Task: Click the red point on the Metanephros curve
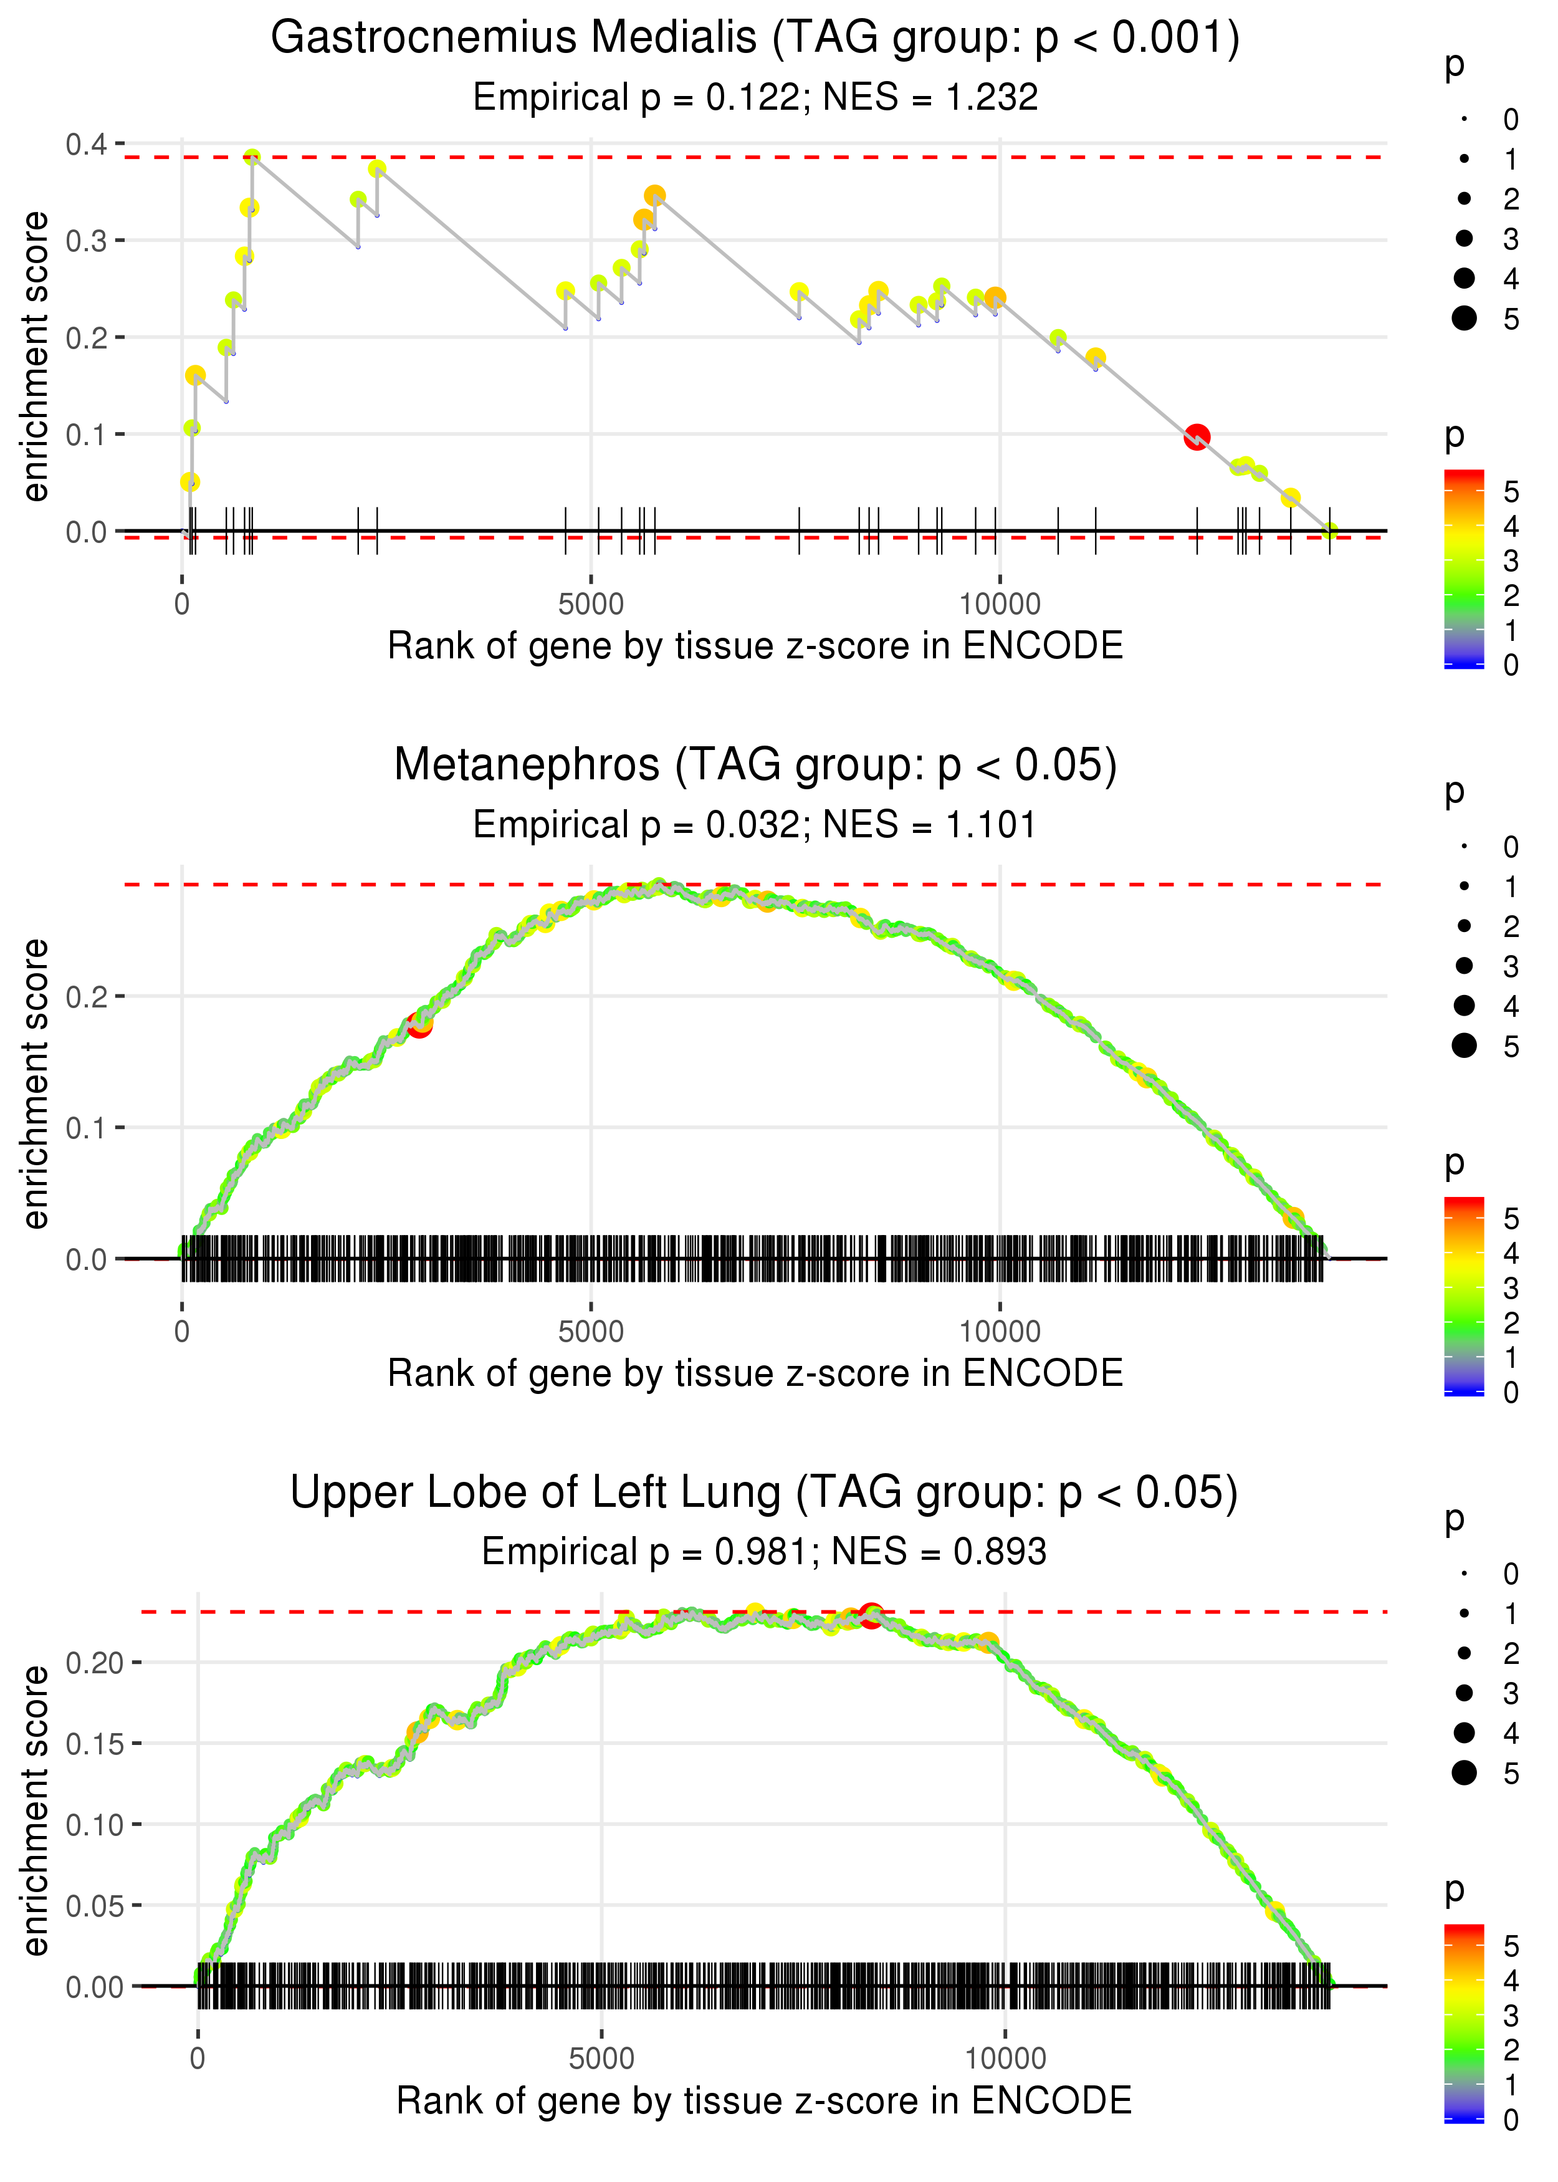tap(419, 1025)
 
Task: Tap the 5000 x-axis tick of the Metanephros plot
tap(591, 1332)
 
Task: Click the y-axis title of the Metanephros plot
tap(36, 1084)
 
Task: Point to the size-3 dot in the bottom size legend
tap(1464, 1693)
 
